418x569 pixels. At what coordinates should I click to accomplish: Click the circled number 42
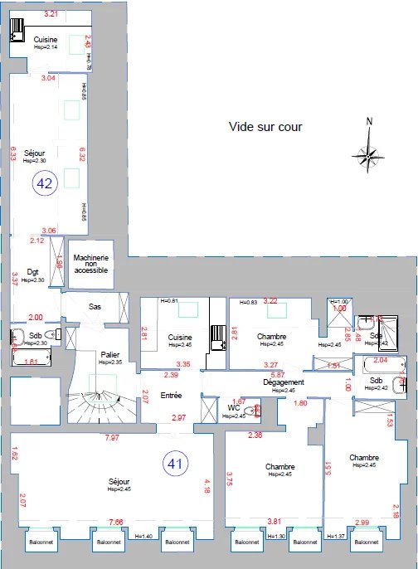coord(44,183)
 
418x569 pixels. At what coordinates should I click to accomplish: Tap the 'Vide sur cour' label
coord(265,127)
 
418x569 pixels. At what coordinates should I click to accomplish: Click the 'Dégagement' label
coord(284,382)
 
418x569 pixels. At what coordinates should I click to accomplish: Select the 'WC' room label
coord(233,407)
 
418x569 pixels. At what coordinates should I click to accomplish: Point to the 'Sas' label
coord(95,306)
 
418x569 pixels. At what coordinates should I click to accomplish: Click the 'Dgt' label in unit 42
coord(33,271)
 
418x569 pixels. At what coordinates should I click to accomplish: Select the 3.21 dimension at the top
coord(51,14)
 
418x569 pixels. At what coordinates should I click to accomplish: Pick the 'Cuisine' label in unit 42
coord(45,39)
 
